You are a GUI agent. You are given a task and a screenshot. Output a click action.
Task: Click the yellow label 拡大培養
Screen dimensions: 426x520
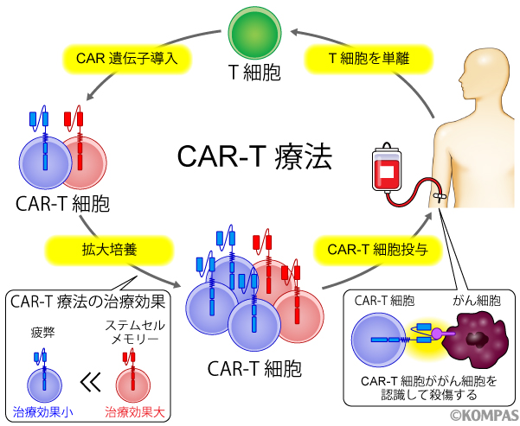click(88, 250)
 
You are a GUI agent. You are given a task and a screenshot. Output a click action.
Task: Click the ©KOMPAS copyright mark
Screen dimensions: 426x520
click(483, 416)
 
